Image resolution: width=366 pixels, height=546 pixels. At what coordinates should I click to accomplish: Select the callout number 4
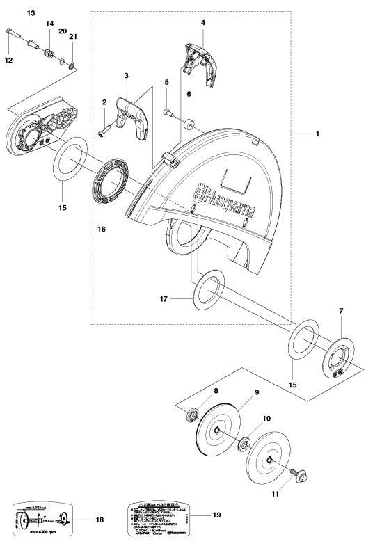[x=202, y=23]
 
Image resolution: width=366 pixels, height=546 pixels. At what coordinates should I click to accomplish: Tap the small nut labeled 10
[x=245, y=444]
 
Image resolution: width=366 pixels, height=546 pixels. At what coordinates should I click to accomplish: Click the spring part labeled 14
[x=49, y=54]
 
